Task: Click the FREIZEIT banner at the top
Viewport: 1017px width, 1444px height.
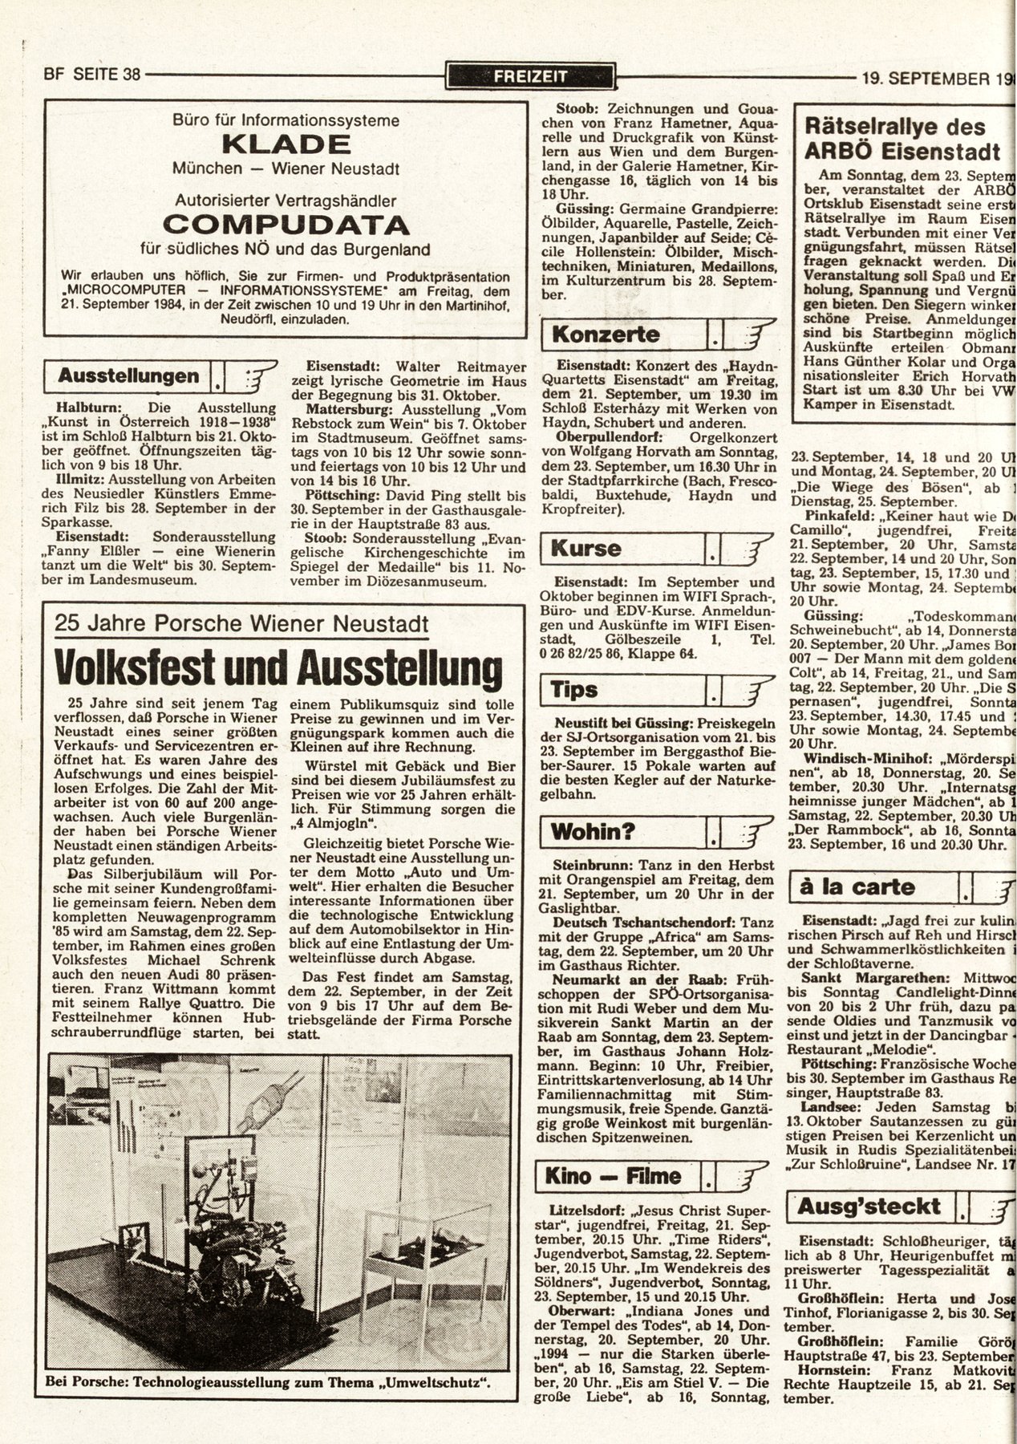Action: (530, 77)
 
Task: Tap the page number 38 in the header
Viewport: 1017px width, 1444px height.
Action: (128, 75)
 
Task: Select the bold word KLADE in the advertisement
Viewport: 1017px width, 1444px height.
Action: (286, 145)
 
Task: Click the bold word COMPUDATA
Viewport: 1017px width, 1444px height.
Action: (286, 224)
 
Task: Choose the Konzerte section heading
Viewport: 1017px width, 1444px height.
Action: (606, 335)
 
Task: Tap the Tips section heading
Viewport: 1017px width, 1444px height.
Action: (573, 689)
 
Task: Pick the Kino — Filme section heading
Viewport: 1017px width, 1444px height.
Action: (613, 1176)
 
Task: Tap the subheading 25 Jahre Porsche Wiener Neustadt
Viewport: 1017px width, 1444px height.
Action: (241, 623)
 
